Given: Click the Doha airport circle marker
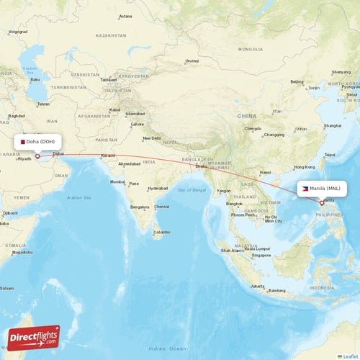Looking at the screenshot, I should pos(37,155).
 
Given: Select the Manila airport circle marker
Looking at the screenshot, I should pos(322,202).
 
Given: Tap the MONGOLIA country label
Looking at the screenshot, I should pos(251,49).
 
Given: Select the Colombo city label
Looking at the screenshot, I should pos(161,232).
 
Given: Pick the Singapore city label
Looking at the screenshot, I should pos(261,255).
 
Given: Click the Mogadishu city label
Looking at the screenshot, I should pos(22,252).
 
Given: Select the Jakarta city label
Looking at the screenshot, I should pos(258,286).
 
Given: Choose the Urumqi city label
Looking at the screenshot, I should pos(192,61).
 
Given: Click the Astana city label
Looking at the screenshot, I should pos(125,16).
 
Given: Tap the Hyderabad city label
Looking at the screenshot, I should pos(158,188).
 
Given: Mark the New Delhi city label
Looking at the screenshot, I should pos(152,138).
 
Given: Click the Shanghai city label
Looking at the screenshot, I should pos(333,125).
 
